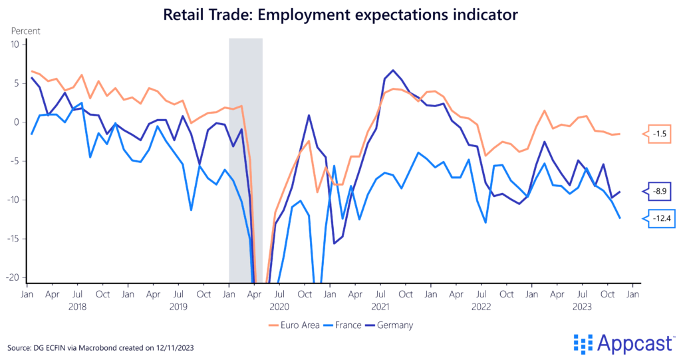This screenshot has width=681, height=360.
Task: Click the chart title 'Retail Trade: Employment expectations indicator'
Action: (340, 13)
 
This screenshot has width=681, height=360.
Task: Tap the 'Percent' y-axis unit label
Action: (25, 31)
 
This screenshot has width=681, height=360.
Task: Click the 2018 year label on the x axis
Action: (78, 307)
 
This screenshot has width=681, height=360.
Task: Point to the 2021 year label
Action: (380, 307)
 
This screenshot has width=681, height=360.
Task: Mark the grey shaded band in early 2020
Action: (245, 160)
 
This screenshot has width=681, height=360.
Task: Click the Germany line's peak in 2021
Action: (393, 70)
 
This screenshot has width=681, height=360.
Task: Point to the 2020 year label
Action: (279, 307)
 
